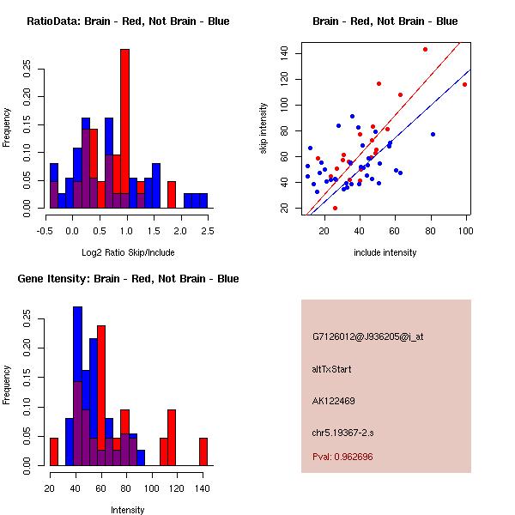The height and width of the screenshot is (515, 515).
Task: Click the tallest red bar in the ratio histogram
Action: tap(124, 129)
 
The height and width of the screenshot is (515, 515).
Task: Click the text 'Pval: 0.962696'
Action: tap(342, 457)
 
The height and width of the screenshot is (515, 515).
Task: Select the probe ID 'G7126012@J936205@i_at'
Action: tap(367, 336)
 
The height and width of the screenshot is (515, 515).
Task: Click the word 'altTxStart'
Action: tap(331, 369)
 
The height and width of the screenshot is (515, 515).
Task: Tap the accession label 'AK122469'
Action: tap(333, 401)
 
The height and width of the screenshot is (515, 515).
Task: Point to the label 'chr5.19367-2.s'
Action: tap(342, 433)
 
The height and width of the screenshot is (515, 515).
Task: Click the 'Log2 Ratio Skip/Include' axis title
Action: tap(128, 252)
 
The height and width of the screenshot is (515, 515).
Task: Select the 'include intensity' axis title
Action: tap(385, 252)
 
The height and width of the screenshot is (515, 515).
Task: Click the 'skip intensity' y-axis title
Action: tap(264, 128)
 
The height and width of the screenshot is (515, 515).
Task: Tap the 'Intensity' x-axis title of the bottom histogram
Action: tap(127, 510)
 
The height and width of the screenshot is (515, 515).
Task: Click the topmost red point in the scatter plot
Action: tap(426, 50)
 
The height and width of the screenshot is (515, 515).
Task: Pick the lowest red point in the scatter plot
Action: tap(335, 208)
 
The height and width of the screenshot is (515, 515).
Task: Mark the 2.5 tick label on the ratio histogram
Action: tap(208, 231)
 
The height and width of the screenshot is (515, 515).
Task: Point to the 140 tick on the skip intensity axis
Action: tap(284, 53)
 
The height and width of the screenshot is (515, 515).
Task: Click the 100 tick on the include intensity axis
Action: tap(466, 231)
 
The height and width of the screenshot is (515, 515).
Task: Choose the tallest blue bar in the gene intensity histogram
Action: tap(77, 386)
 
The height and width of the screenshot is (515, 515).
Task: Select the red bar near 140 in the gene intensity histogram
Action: tap(203, 451)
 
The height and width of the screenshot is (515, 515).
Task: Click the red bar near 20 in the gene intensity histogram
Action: tap(54, 451)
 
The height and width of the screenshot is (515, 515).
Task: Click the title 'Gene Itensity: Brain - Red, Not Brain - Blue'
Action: tap(128, 279)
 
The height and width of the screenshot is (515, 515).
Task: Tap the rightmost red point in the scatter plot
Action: tap(464, 85)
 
